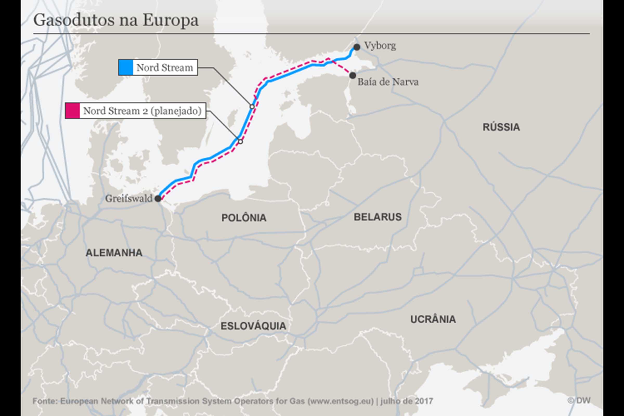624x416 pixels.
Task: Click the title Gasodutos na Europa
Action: tap(116, 20)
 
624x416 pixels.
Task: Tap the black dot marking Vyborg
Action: tap(357, 47)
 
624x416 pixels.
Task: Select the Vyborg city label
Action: tap(380, 46)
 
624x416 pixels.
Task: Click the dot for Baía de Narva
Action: tap(353, 76)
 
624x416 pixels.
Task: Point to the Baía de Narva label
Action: tap(388, 82)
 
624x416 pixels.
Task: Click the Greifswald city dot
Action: tap(158, 198)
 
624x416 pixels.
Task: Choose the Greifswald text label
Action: tap(129, 198)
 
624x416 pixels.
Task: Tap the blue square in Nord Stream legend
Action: tap(126, 67)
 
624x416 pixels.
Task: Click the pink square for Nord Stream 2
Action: tap(73, 111)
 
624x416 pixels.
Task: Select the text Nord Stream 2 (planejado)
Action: tap(142, 111)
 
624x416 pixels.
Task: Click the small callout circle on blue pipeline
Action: tap(252, 107)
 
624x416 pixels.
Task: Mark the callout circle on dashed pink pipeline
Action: tap(240, 142)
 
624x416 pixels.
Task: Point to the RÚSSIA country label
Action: tap(501, 127)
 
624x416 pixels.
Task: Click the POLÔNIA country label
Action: tap(244, 218)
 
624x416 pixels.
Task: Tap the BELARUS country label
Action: tap(378, 217)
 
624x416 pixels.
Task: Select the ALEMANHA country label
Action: tap(114, 253)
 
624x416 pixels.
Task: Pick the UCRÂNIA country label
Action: tap(433, 319)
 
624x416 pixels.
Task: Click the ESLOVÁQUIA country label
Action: tap(253, 326)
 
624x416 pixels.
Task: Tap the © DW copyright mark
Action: tap(579, 401)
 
